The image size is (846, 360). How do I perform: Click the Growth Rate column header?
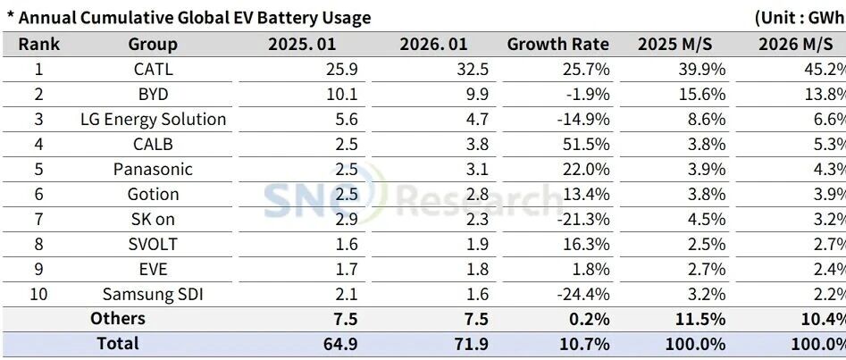pyautogui.click(x=557, y=44)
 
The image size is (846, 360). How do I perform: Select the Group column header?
pyautogui.click(x=153, y=44)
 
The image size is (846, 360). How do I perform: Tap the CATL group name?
pyautogui.click(x=153, y=69)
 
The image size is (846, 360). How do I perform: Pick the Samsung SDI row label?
pyautogui.click(x=153, y=294)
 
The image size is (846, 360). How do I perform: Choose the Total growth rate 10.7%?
pyautogui.click(x=586, y=344)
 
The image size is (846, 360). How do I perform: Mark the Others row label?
pyautogui.click(x=117, y=319)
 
